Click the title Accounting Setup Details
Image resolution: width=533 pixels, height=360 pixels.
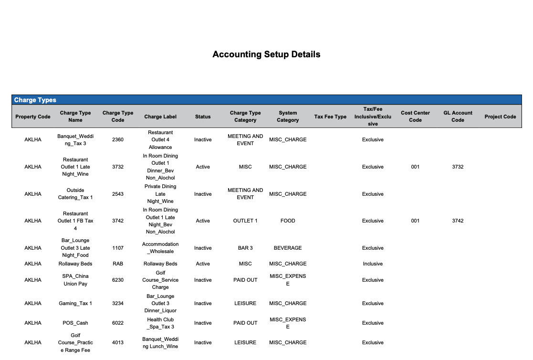tap(266, 54)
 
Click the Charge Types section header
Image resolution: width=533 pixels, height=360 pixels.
tap(35, 100)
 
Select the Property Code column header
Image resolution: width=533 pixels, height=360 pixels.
tap(33, 116)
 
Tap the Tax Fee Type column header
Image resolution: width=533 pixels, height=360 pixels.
tap(330, 116)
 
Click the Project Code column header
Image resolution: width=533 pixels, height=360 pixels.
tap(500, 116)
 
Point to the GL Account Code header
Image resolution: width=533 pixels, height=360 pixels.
tap(458, 116)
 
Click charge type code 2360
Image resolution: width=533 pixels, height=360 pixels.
tap(118, 140)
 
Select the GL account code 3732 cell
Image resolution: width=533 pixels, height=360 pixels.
tap(458, 167)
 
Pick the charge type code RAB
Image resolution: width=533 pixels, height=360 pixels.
tap(118, 264)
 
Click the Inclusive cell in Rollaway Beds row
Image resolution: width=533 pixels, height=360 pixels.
tap(373, 264)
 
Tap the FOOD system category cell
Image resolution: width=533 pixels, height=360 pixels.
tap(288, 221)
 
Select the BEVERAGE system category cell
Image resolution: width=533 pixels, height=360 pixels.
tap(288, 248)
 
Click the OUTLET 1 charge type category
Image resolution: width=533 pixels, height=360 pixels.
tap(245, 221)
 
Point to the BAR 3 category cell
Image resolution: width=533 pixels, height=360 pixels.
tap(245, 248)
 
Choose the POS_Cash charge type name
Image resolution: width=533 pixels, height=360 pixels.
tap(75, 323)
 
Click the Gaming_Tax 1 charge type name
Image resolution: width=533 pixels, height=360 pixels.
tap(75, 304)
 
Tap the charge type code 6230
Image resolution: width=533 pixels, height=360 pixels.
tap(118, 280)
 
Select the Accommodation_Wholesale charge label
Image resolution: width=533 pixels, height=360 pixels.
tap(160, 248)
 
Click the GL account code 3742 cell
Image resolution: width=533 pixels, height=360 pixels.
tap(458, 221)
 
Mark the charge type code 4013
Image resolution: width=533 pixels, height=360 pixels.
tap(118, 343)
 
